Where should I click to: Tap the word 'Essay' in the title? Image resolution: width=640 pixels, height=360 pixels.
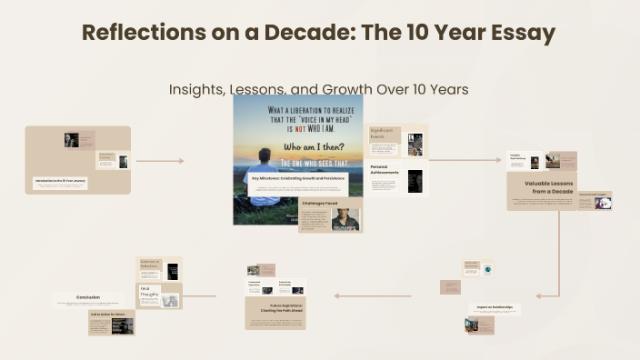[517, 34]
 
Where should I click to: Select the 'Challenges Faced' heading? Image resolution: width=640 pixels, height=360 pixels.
[320, 205]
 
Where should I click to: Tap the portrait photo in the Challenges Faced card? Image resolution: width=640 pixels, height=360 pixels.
[345, 219]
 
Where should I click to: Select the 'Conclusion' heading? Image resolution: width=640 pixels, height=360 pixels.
[88, 296]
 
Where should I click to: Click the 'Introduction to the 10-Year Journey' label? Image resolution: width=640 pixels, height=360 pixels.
[60, 181]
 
